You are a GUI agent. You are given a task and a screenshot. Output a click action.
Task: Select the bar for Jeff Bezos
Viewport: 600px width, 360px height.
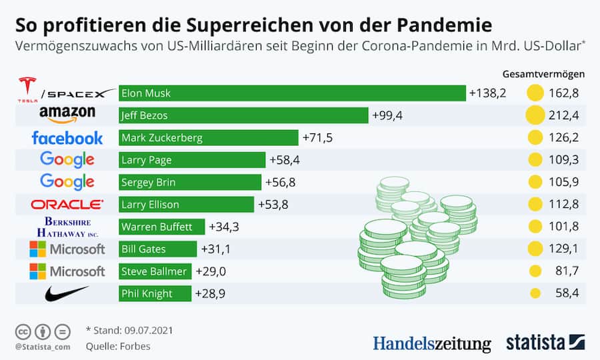point(243,115)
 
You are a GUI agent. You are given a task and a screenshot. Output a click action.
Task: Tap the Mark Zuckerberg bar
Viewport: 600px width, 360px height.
point(208,138)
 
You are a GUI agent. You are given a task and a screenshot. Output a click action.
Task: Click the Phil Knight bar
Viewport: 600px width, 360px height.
point(155,293)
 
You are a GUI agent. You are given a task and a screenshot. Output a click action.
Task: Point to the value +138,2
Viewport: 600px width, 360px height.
point(487,93)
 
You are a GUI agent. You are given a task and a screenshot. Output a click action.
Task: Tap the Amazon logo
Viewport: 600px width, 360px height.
point(67,115)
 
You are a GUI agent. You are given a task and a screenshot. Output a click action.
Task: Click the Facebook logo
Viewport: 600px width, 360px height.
point(67,138)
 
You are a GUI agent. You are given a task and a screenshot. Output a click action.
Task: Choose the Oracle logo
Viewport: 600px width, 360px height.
point(67,205)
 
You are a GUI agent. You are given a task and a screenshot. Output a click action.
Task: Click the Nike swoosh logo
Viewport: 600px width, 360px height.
point(67,293)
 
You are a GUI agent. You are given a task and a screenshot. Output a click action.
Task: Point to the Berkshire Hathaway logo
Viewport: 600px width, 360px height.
point(67,227)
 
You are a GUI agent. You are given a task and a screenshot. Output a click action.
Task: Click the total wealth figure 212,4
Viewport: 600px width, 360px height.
point(563,116)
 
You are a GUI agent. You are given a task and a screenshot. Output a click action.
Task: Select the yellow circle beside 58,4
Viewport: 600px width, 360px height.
point(535,293)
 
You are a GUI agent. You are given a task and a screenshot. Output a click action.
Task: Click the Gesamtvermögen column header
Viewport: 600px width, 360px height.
point(544,73)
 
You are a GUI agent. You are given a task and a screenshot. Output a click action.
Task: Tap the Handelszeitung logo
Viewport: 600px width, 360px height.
point(431,343)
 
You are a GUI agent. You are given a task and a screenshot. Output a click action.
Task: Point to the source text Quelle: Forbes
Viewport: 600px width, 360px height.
point(118,346)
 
